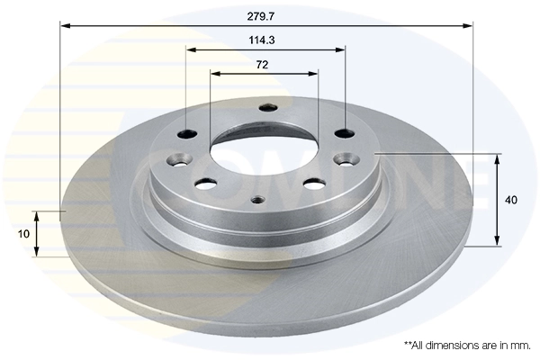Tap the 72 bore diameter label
[x=263, y=65]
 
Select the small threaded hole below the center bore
[x=257, y=200]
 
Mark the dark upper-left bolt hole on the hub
[x=187, y=134]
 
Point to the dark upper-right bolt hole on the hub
[x=344, y=133]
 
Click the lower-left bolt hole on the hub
[x=206, y=184]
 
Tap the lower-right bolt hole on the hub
[x=314, y=184]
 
